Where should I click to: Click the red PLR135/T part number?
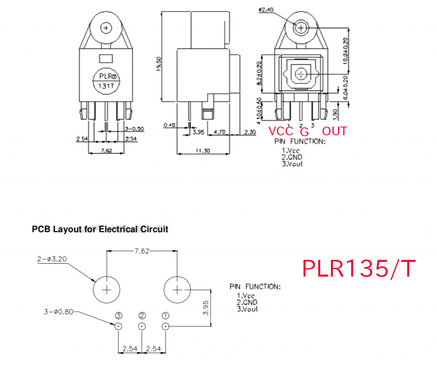359,268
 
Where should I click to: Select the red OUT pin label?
334,132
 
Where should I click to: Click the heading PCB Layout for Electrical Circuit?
100,229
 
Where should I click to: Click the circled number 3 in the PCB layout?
119,316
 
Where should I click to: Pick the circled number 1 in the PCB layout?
166,316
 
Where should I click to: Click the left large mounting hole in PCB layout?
107,289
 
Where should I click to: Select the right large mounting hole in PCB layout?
177,289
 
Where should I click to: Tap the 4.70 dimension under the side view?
220,132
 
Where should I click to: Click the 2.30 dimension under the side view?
250,132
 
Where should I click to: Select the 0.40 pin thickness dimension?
169,125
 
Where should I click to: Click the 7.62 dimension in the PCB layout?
141,251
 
